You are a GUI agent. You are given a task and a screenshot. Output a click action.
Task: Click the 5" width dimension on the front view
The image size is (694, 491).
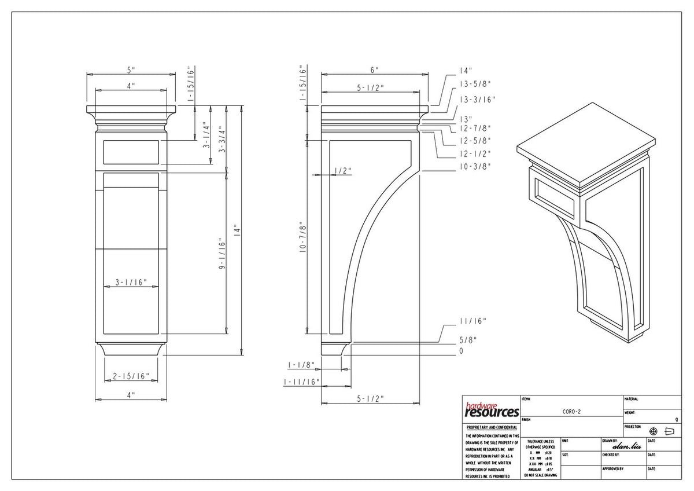[x=131, y=69]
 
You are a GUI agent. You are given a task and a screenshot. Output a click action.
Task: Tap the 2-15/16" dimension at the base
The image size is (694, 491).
[x=131, y=376]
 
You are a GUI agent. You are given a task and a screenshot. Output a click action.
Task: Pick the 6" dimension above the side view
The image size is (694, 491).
[x=375, y=69]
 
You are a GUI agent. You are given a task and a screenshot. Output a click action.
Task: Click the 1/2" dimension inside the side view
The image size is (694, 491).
[x=342, y=170]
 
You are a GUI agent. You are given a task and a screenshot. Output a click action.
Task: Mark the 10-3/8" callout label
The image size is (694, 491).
[x=475, y=166]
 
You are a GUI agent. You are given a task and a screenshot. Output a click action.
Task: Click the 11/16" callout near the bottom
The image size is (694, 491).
[x=472, y=321]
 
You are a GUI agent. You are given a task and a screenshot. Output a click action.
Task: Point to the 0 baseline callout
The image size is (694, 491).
[x=462, y=351]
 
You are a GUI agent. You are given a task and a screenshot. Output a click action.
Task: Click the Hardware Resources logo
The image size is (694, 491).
[x=491, y=411]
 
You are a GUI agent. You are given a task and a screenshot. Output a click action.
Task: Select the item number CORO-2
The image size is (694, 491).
[x=571, y=411]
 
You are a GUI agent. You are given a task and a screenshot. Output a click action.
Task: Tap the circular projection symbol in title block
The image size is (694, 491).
[x=654, y=431]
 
